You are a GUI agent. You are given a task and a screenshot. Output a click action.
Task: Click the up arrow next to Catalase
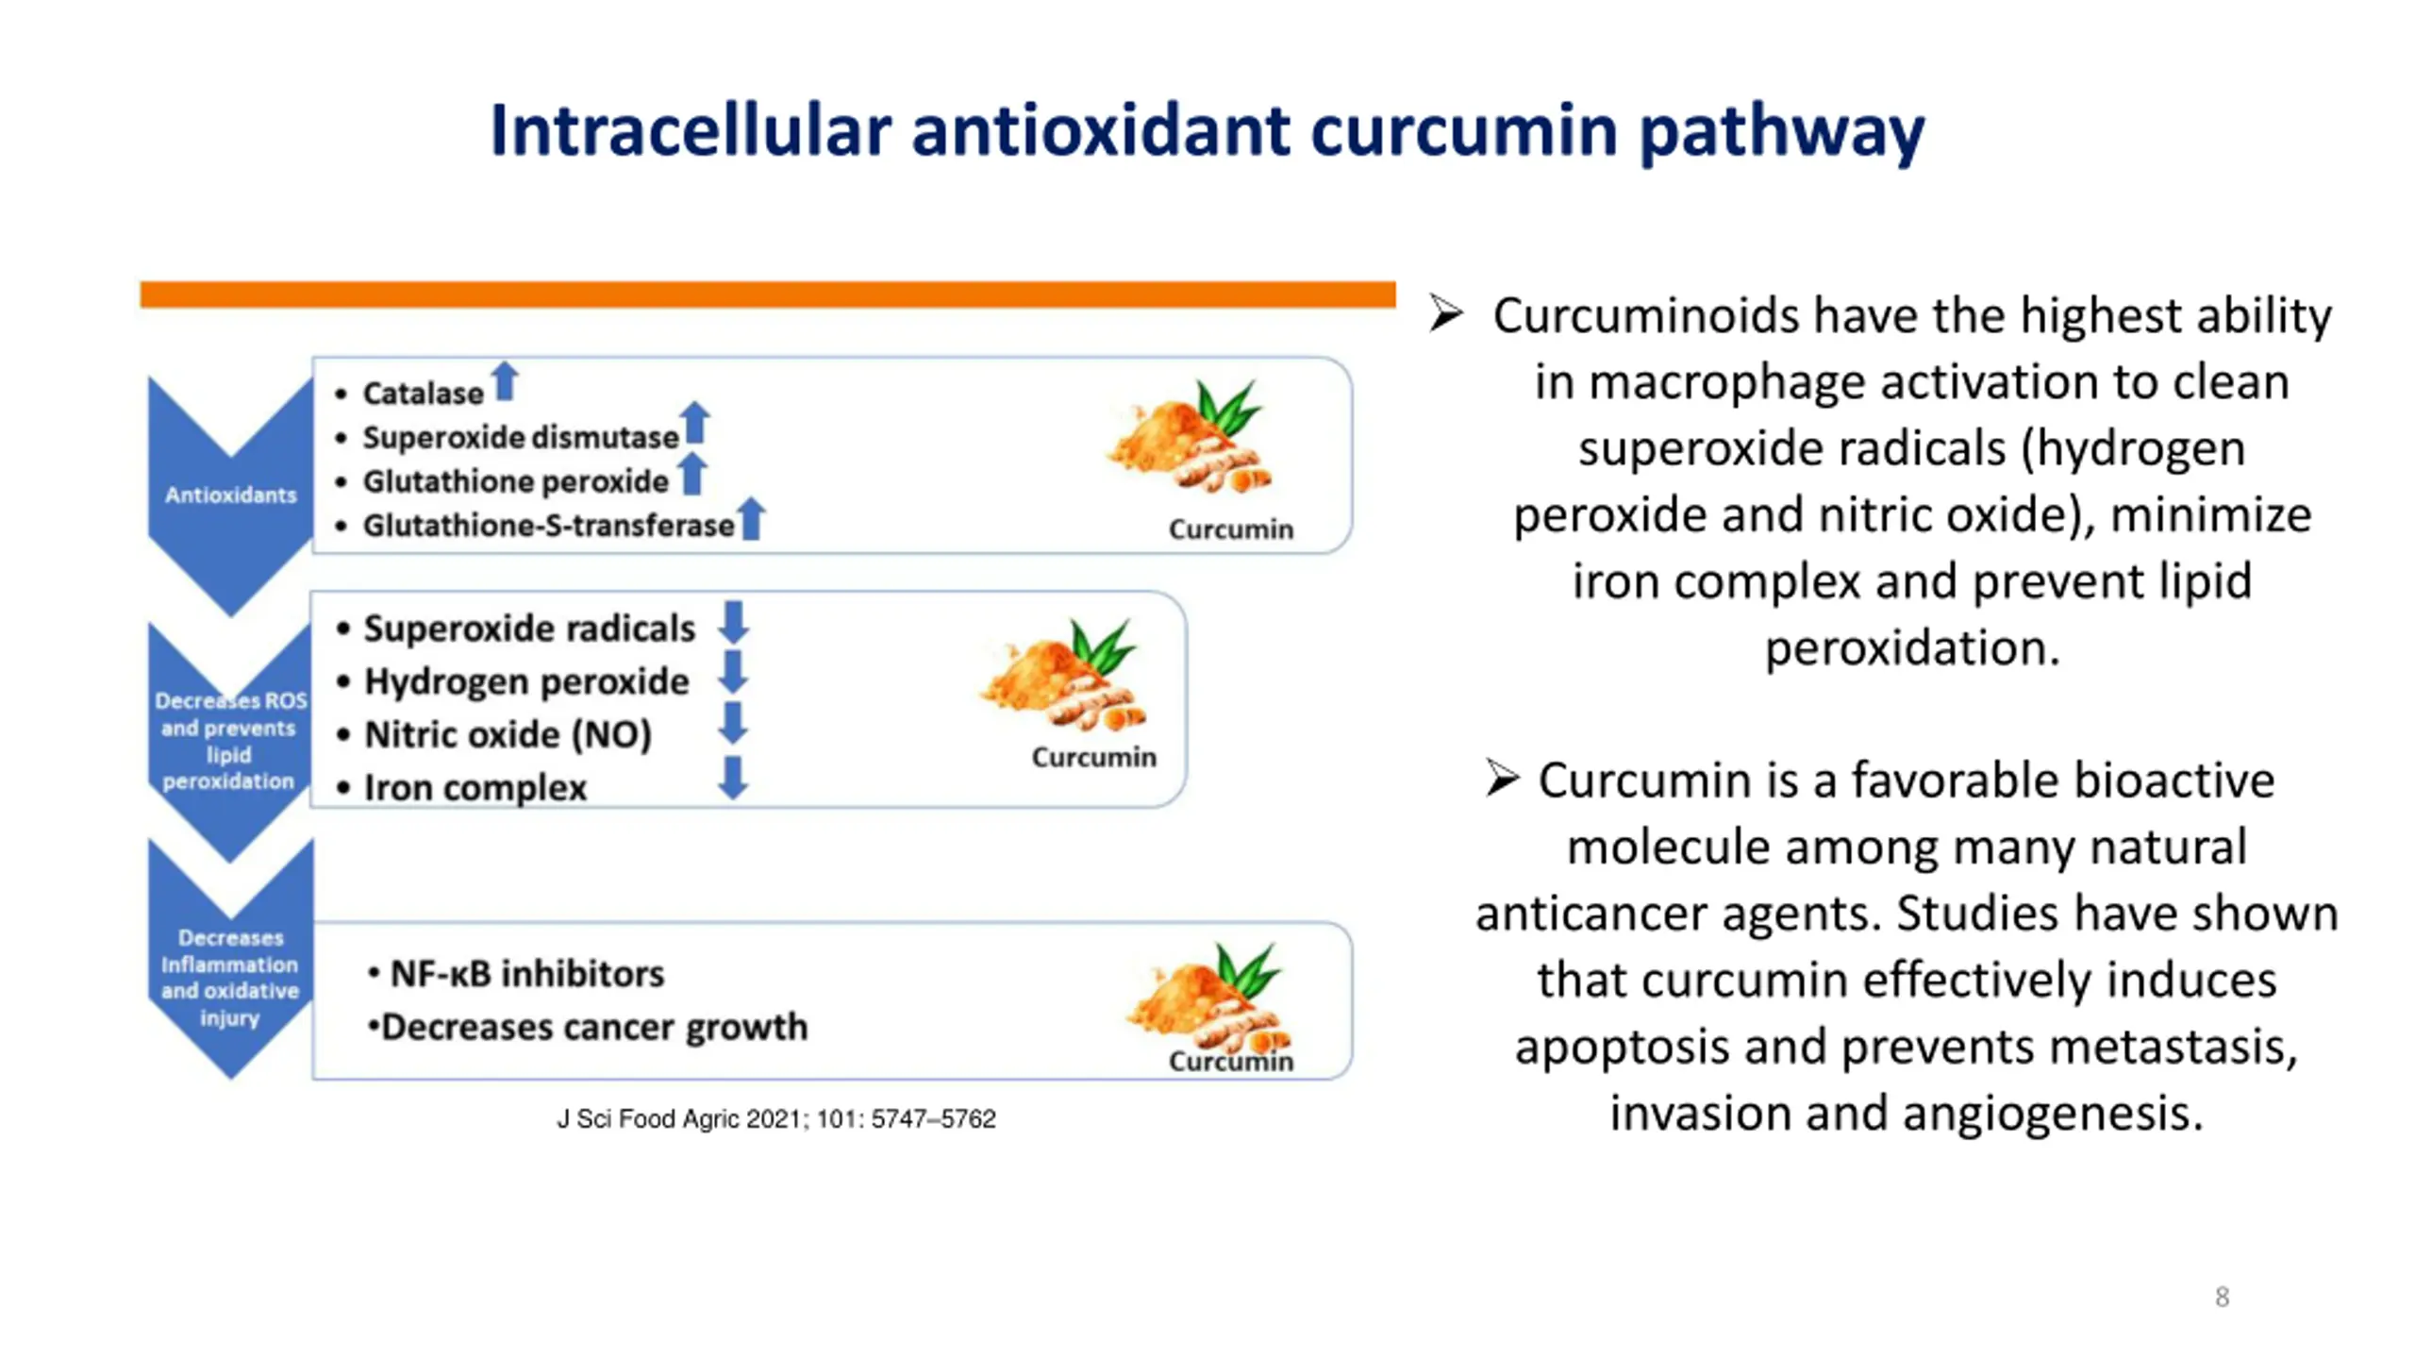pos(505,381)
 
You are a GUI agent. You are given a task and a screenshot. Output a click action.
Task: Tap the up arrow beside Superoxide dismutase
pos(695,423)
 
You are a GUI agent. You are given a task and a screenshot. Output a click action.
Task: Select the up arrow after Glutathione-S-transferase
pos(751,518)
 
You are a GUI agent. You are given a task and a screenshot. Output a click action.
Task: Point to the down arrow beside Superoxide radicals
pos(733,623)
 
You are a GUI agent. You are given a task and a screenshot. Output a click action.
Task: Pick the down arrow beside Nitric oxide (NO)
pos(733,723)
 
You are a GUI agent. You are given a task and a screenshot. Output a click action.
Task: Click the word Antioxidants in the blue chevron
pos(230,495)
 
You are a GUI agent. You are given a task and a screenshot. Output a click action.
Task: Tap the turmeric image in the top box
pos(1191,437)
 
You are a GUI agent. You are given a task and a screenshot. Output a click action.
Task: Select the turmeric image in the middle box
pos(1064,674)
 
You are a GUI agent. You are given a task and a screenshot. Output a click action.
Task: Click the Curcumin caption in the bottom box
pos(1231,1062)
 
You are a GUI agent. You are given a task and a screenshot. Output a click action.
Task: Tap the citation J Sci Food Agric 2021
pos(776,1119)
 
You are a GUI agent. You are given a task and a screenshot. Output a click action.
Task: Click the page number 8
pos(2223,1297)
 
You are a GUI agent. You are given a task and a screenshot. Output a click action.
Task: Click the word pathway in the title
pos(1782,132)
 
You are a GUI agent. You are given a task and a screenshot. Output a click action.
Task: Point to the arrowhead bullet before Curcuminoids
pos(1445,313)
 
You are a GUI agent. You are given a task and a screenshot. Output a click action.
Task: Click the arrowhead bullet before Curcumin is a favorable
pos(1502,779)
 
